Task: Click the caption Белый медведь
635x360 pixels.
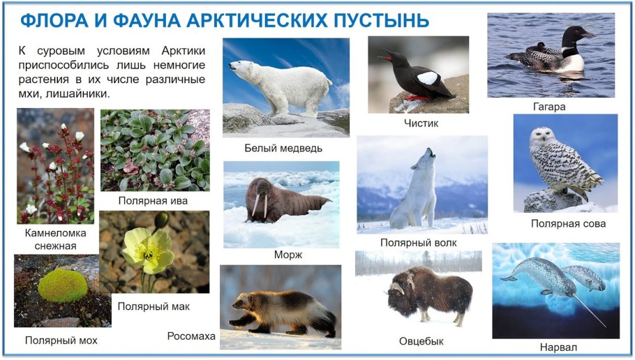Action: [x=284, y=148]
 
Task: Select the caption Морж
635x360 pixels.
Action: [x=287, y=255]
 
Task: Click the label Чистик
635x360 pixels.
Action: [x=420, y=123]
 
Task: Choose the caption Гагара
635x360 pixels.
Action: [x=548, y=107]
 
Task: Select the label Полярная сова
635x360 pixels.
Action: [x=568, y=223]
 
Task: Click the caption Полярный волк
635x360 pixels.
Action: [x=419, y=242]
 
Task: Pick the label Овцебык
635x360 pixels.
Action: [x=421, y=341]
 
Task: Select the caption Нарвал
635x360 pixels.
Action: [x=558, y=347]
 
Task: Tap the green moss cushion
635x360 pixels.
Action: [x=62, y=285]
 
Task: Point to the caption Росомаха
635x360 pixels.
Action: [x=191, y=336]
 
